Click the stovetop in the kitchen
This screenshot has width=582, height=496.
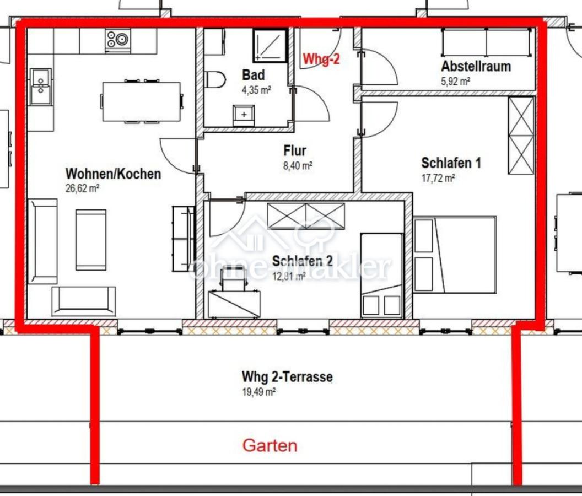117,39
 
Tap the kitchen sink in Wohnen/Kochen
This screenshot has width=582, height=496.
41,86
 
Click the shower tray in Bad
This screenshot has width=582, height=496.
270,45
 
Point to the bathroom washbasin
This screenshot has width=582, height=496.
244,115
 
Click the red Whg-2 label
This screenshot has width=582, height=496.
321,58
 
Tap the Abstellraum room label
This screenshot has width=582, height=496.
476,67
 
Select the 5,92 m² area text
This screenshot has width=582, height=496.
456,81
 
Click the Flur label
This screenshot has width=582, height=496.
295,151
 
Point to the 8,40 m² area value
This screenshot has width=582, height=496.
298,165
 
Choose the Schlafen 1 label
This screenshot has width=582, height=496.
451,163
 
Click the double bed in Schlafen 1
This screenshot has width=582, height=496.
455,255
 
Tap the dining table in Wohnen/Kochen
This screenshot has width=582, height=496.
142,101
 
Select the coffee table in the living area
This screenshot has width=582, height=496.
91,240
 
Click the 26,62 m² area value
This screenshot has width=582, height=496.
83,188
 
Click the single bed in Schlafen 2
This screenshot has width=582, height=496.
381,276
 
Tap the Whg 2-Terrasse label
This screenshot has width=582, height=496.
287,377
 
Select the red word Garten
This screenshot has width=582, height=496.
270,445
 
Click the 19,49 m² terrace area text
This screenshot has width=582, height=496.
258,392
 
